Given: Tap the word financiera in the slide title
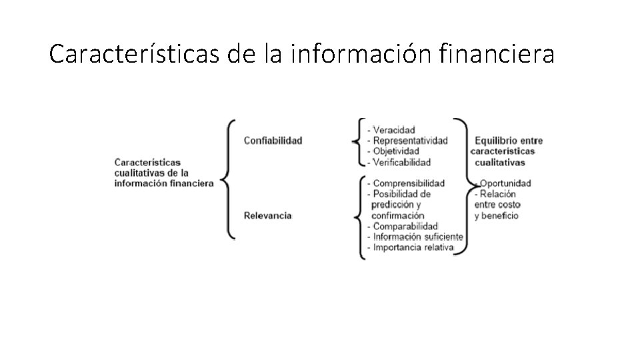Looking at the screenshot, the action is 497,54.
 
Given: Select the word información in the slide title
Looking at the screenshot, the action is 363,54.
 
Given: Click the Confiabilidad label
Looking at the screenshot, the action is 273,140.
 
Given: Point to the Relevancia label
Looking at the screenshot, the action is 267,215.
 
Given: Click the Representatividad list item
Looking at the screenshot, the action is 409,141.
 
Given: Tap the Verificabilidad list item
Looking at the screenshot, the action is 401,162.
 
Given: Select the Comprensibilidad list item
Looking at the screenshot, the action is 408,183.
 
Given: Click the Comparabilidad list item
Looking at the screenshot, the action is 405,226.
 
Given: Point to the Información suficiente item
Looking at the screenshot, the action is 417,237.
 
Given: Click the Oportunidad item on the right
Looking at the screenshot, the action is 505,183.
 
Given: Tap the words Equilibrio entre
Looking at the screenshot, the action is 509,141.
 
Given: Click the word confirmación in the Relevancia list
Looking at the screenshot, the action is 397,215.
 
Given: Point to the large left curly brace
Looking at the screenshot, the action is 228,179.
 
